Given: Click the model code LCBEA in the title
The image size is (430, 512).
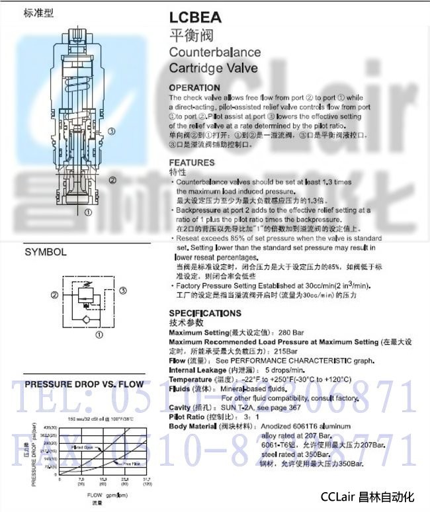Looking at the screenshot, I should pyautogui.click(x=196, y=18).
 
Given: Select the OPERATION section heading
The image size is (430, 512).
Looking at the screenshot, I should pyautogui.click(x=194, y=88).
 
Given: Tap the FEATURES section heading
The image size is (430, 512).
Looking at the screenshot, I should pyautogui.click(x=192, y=163).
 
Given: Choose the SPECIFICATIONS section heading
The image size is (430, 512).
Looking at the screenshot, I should pyautogui.click(x=205, y=314).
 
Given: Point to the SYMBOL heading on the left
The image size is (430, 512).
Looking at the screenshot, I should pyautogui.click(x=46, y=252).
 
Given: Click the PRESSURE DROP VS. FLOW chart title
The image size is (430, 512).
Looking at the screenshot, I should pyautogui.click(x=84, y=384).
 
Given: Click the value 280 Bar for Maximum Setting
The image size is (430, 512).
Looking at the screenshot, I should pyautogui.click(x=285, y=332).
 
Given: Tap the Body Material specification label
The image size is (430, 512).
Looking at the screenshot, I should pyautogui.click(x=193, y=427).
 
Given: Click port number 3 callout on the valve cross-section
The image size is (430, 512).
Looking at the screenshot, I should pyautogui.click(x=112, y=132).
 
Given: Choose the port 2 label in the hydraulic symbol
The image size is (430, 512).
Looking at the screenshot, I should pyautogui.click(x=54, y=296).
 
